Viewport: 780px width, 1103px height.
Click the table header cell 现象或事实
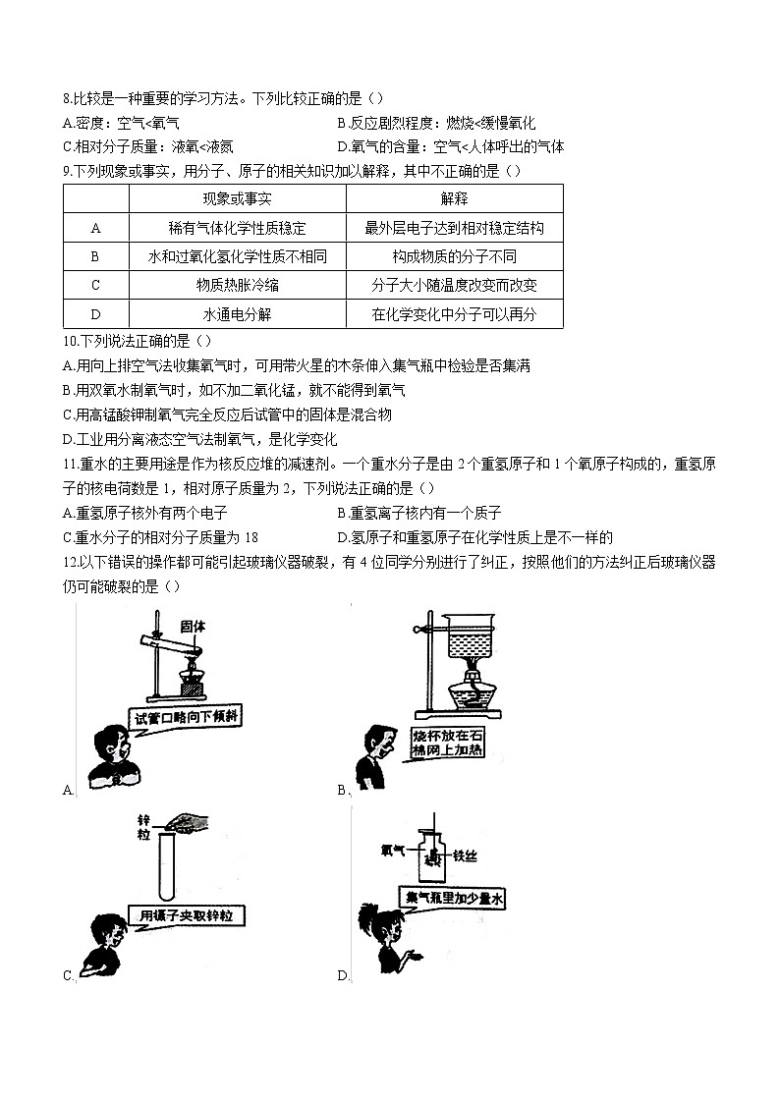click(237, 199)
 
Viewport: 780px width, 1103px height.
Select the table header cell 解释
click(454, 199)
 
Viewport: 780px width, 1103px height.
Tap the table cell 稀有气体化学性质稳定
click(237, 228)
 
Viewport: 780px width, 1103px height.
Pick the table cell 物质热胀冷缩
click(237, 286)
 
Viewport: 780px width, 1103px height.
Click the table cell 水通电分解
click(237, 314)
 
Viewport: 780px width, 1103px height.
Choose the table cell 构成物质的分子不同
click(454, 256)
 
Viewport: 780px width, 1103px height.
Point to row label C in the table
click(96, 286)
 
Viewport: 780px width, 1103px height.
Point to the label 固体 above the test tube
click(193, 626)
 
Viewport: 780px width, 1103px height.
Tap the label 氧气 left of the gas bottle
click(391, 853)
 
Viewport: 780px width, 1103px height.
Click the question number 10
click(69, 341)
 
